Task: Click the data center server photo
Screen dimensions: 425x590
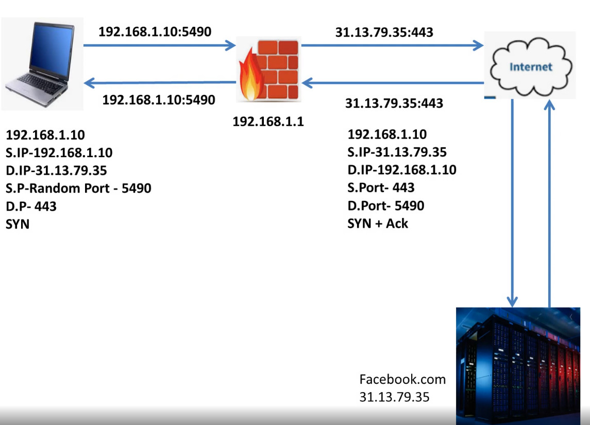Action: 518,366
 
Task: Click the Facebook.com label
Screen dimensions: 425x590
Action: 402,380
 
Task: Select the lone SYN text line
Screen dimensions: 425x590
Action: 18,224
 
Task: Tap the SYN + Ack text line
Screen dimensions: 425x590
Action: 378,223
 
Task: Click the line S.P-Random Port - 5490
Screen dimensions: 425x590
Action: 78,188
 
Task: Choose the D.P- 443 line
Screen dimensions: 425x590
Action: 31,206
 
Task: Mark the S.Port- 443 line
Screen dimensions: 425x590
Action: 381,188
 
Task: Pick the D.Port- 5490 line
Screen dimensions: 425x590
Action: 386,206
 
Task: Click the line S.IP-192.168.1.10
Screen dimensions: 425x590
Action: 59,152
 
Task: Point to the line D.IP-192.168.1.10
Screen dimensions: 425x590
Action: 402,169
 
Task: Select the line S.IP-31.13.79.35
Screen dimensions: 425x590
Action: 397,152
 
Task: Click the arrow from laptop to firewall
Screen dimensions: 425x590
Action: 160,46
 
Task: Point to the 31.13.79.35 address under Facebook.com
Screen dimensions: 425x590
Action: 394,397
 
